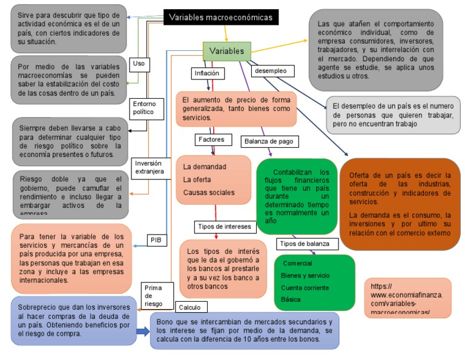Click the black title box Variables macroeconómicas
point(221,18)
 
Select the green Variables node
point(226,51)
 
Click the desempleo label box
point(270,71)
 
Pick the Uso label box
point(139,63)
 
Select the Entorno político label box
point(145,107)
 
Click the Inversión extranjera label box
point(149,167)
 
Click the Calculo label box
point(189,307)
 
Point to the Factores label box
point(211,139)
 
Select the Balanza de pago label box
point(269,141)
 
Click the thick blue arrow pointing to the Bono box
point(142,331)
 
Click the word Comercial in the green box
point(297,264)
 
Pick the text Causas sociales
point(208,193)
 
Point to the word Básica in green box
point(291,299)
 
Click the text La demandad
point(204,166)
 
